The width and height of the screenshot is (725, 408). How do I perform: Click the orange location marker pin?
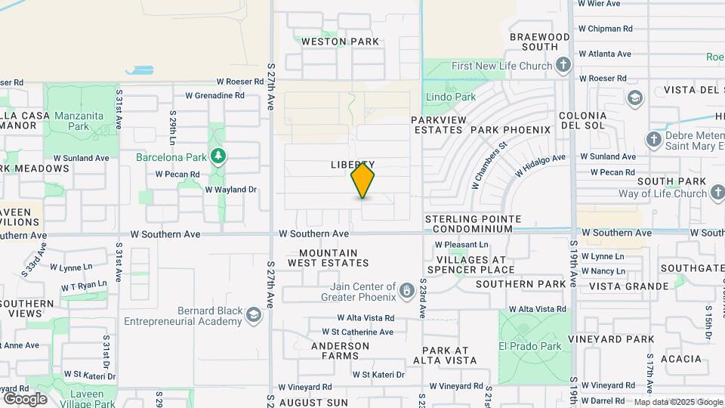(x=362, y=181)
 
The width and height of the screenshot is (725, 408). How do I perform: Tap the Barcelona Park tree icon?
(x=218, y=156)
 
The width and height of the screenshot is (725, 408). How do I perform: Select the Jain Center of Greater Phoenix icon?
(x=407, y=290)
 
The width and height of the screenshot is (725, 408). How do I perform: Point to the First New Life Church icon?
(x=563, y=66)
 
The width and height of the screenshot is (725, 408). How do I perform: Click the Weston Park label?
(x=340, y=42)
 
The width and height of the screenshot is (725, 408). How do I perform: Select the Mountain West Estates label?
(x=328, y=258)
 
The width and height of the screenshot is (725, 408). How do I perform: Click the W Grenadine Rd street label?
(x=214, y=96)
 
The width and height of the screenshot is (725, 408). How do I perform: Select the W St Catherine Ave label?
(x=357, y=332)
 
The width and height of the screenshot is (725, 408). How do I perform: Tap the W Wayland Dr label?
(x=231, y=190)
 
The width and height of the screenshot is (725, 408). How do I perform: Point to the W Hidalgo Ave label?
(x=540, y=165)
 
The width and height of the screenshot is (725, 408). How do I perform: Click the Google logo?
(x=25, y=398)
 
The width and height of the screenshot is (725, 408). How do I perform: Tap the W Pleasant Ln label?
(x=462, y=245)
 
